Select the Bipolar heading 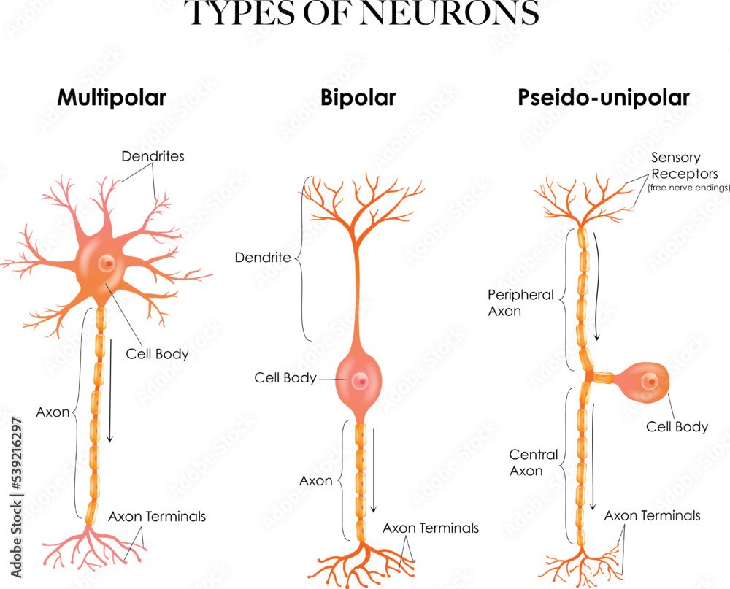pyautogui.click(x=358, y=97)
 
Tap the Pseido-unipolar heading pyautogui.click(x=604, y=98)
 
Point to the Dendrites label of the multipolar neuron pyautogui.click(x=153, y=155)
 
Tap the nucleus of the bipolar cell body pyautogui.click(x=358, y=380)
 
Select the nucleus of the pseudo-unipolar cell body pyautogui.click(x=649, y=382)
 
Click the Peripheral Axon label pyautogui.click(x=520, y=303)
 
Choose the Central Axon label pyautogui.click(x=533, y=463)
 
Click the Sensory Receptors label pyautogui.click(x=675, y=166)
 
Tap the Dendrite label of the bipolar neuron pyautogui.click(x=263, y=258)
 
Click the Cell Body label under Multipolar pyautogui.click(x=156, y=355)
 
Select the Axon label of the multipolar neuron pyautogui.click(x=53, y=412)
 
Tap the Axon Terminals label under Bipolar pyautogui.click(x=431, y=528)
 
